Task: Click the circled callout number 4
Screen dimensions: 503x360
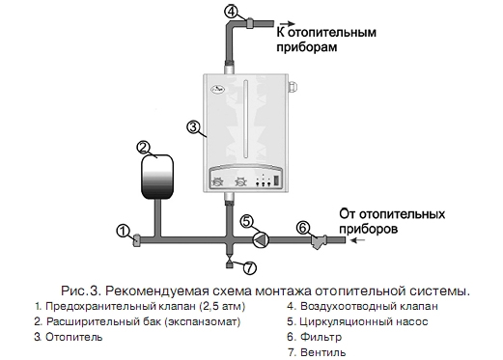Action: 231,12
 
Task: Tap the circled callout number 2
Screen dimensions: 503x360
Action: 144,148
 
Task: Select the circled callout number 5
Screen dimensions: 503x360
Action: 247,222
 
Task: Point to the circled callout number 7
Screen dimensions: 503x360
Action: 250,267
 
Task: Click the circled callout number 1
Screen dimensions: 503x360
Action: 123,232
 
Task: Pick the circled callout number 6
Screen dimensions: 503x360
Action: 302,228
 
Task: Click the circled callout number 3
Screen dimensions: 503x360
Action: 193,127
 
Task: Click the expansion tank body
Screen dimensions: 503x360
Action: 157,177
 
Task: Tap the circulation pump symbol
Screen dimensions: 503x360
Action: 261,240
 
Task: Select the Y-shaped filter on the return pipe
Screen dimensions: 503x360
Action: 319,241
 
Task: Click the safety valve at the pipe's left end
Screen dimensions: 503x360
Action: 136,240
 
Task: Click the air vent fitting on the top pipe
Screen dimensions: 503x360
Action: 250,23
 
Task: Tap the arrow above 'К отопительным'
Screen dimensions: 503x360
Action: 287,23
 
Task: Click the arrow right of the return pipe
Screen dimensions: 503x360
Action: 358,240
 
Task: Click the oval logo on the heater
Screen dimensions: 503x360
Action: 217,89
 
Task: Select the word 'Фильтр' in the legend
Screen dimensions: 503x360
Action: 321,337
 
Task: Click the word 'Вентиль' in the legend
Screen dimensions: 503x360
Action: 322,352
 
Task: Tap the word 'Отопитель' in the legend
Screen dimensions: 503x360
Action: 74,337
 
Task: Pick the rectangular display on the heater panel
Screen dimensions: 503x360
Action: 276,180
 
